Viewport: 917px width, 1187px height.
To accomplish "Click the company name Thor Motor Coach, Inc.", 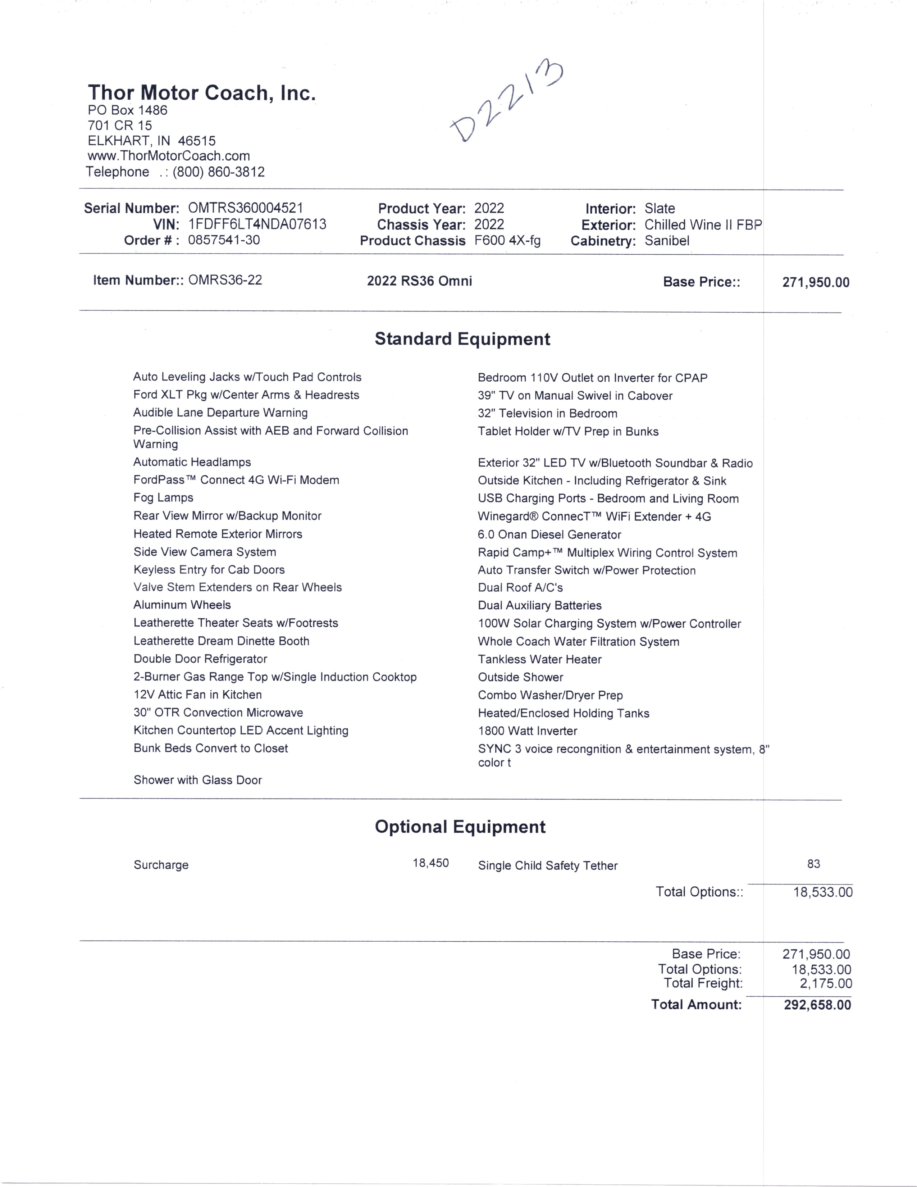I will pos(201,93).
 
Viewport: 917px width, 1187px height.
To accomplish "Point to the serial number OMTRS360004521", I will pos(246,208).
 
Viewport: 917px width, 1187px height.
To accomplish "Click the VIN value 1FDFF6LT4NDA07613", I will pos(257,224).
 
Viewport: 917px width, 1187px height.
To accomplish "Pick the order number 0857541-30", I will pos(224,240).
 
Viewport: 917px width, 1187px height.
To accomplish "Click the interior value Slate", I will pos(660,209).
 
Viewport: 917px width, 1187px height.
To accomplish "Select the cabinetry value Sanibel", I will pos(667,241).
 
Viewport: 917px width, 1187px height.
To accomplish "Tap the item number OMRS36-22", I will pos(225,281).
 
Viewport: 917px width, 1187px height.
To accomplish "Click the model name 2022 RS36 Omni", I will pos(419,281).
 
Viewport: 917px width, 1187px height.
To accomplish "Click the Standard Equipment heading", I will pos(462,339).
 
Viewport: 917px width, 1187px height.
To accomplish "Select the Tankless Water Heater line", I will pos(539,659).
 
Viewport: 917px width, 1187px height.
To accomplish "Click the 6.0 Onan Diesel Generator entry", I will pos(549,535).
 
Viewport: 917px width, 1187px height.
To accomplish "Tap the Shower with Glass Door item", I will pos(198,781).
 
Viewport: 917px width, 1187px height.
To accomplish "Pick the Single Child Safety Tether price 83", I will pos(813,864).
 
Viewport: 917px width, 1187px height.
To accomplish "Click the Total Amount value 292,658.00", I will pos(817,1005).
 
